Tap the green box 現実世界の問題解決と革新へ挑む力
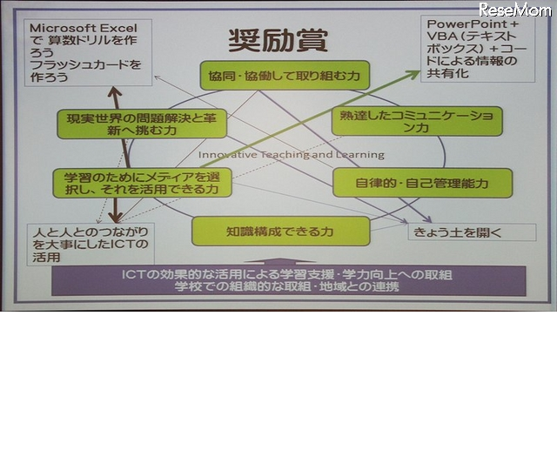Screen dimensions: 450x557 (x=141, y=123)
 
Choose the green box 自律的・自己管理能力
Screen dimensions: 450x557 (x=422, y=183)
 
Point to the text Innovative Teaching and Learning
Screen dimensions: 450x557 (x=291, y=155)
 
